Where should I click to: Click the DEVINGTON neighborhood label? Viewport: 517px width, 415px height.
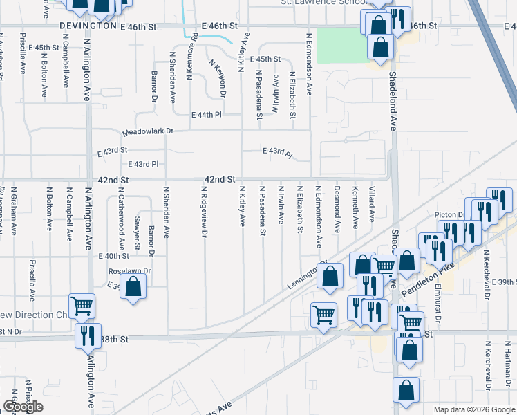87,26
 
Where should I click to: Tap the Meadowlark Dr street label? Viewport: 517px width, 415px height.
147,131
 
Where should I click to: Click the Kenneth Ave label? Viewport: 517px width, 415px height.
355,206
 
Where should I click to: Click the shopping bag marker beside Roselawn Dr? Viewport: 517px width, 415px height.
133,287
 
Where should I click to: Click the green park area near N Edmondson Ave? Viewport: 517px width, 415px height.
343,45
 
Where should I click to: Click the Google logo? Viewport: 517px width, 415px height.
22,407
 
